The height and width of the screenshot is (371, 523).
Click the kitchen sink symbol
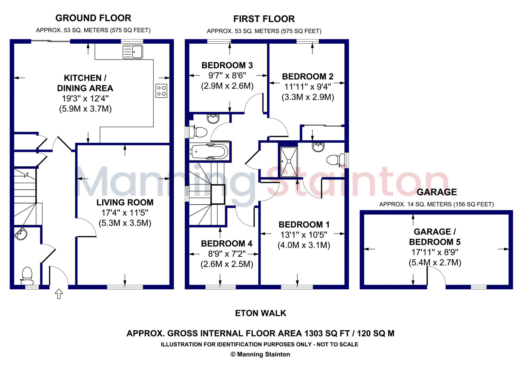133,52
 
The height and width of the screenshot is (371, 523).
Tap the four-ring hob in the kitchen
161,91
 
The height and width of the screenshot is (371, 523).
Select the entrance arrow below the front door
59,294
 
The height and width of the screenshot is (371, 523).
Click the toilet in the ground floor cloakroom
27,276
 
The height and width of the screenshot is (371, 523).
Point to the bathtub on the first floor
210,152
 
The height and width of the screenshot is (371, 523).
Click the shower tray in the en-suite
289,162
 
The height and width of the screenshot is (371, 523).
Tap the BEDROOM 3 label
227,65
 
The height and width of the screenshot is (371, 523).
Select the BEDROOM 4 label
227,244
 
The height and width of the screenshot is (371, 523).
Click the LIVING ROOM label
125,202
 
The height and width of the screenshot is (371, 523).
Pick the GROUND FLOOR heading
93,18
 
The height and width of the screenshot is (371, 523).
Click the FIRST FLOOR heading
264,19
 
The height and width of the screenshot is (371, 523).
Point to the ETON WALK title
260,313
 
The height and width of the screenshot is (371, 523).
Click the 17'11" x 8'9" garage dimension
435,252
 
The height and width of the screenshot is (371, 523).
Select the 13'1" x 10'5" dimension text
304,235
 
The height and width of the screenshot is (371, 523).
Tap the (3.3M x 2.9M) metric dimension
308,97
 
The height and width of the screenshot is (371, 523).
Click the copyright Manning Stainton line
260,354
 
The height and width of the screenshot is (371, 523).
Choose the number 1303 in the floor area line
313,333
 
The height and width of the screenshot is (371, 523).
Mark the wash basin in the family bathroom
213,119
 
